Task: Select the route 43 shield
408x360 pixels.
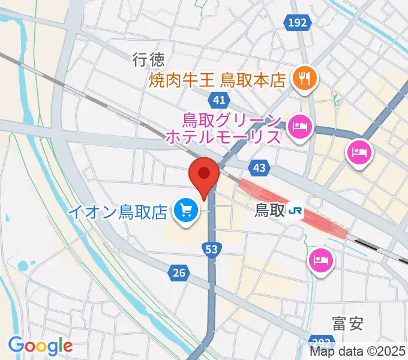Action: (259, 170)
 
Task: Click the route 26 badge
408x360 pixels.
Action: (178, 274)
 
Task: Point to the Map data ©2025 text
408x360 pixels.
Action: (358, 352)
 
